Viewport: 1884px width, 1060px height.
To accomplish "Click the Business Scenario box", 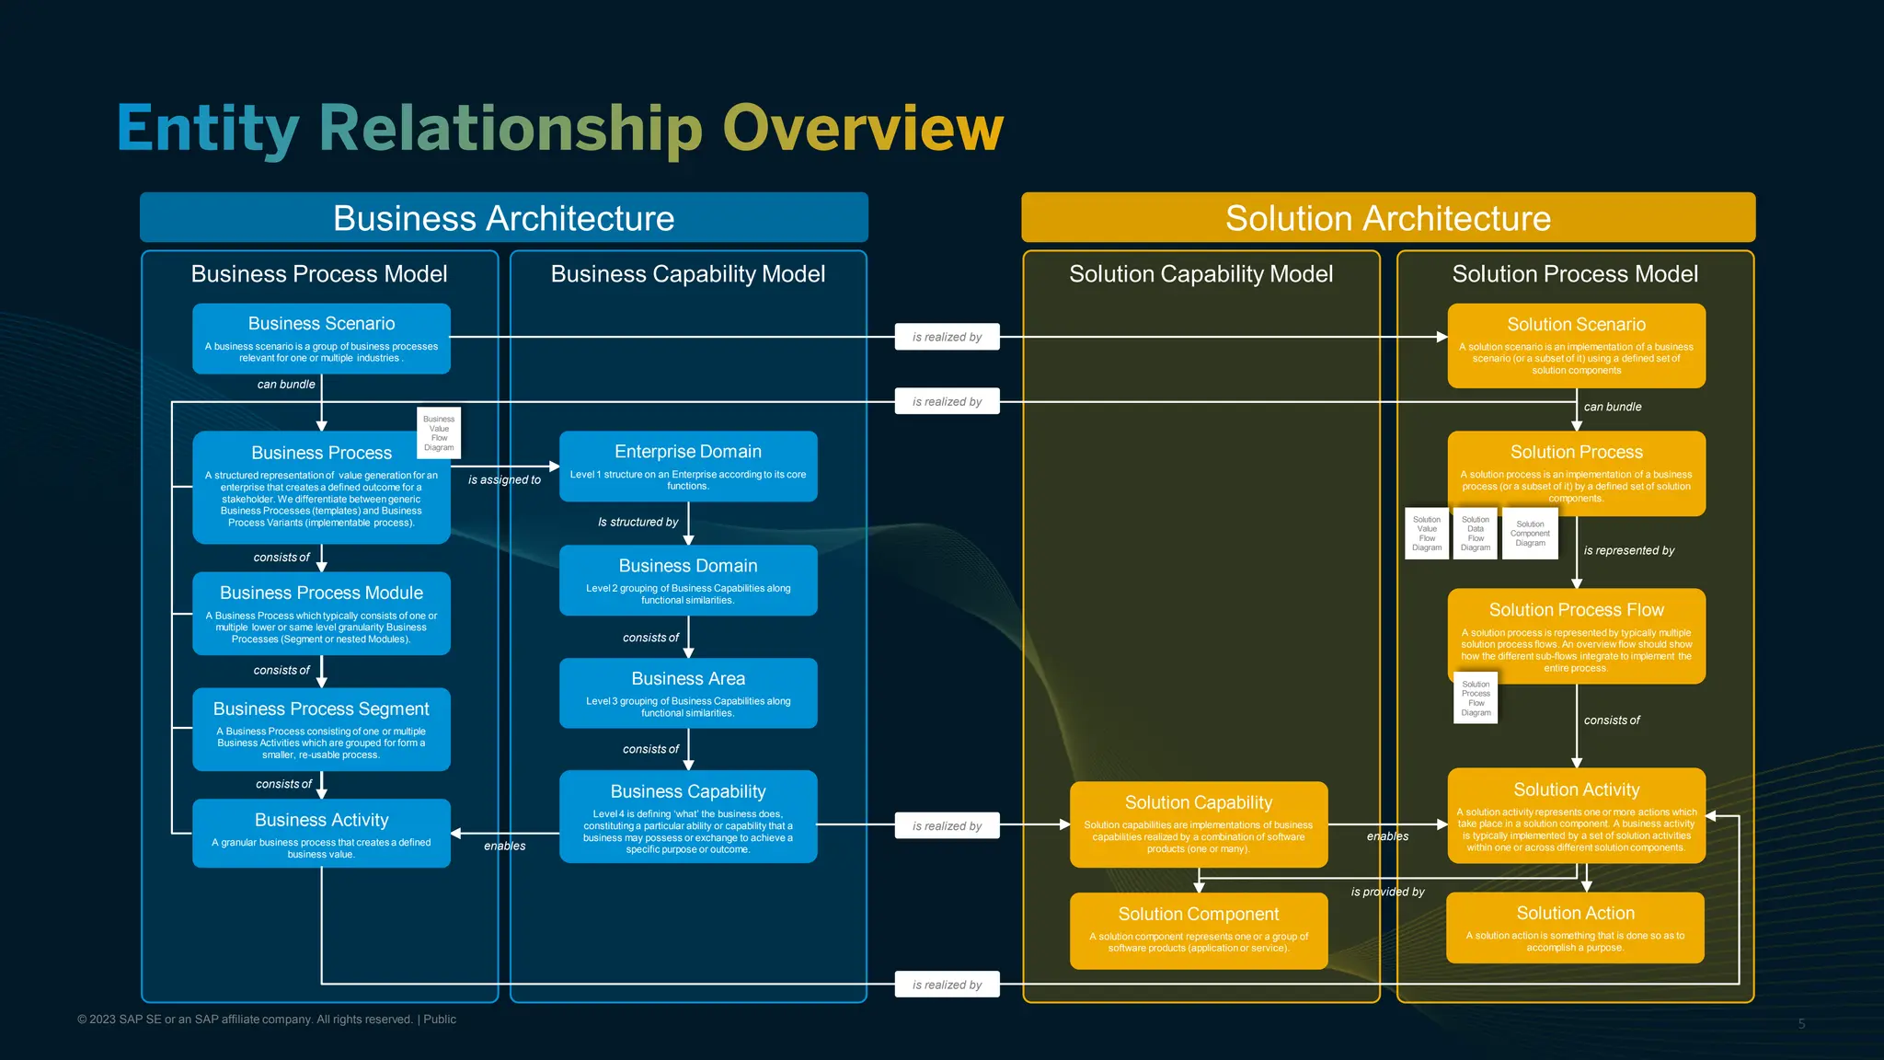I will (x=321, y=338).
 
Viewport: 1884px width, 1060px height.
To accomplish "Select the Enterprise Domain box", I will (x=688, y=466).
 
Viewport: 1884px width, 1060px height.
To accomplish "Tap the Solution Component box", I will (x=1198, y=929).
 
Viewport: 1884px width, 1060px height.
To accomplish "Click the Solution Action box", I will (x=1575, y=927).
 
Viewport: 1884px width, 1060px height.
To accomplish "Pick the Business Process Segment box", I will (x=321, y=729).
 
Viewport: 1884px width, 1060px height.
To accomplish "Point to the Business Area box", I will (x=688, y=693).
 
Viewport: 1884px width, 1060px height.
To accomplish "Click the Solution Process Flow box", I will (x=1576, y=636).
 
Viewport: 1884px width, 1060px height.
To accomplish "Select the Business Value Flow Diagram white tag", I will (x=439, y=432).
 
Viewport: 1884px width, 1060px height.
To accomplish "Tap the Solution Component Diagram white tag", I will (x=1530, y=534).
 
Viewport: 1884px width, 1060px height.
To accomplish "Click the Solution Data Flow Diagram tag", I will (x=1476, y=534).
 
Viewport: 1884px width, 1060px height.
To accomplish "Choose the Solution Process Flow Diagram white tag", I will (x=1476, y=698).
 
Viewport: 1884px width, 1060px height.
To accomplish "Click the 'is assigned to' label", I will (x=504, y=479).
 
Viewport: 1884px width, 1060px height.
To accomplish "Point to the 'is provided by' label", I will (x=1387, y=892).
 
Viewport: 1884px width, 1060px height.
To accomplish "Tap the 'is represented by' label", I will (x=1628, y=550).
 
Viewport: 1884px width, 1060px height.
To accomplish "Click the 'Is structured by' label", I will (x=638, y=522).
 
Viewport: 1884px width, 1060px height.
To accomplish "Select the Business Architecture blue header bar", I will (x=503, y=218).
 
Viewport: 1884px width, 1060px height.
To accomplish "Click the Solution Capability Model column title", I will (x=1200, y=273).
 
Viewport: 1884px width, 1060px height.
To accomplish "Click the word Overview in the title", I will (x=862, y=128).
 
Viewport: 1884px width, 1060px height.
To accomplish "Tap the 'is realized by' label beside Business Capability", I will (x=947, y=826).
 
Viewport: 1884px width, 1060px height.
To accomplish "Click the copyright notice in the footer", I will (x=267, y=1020).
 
